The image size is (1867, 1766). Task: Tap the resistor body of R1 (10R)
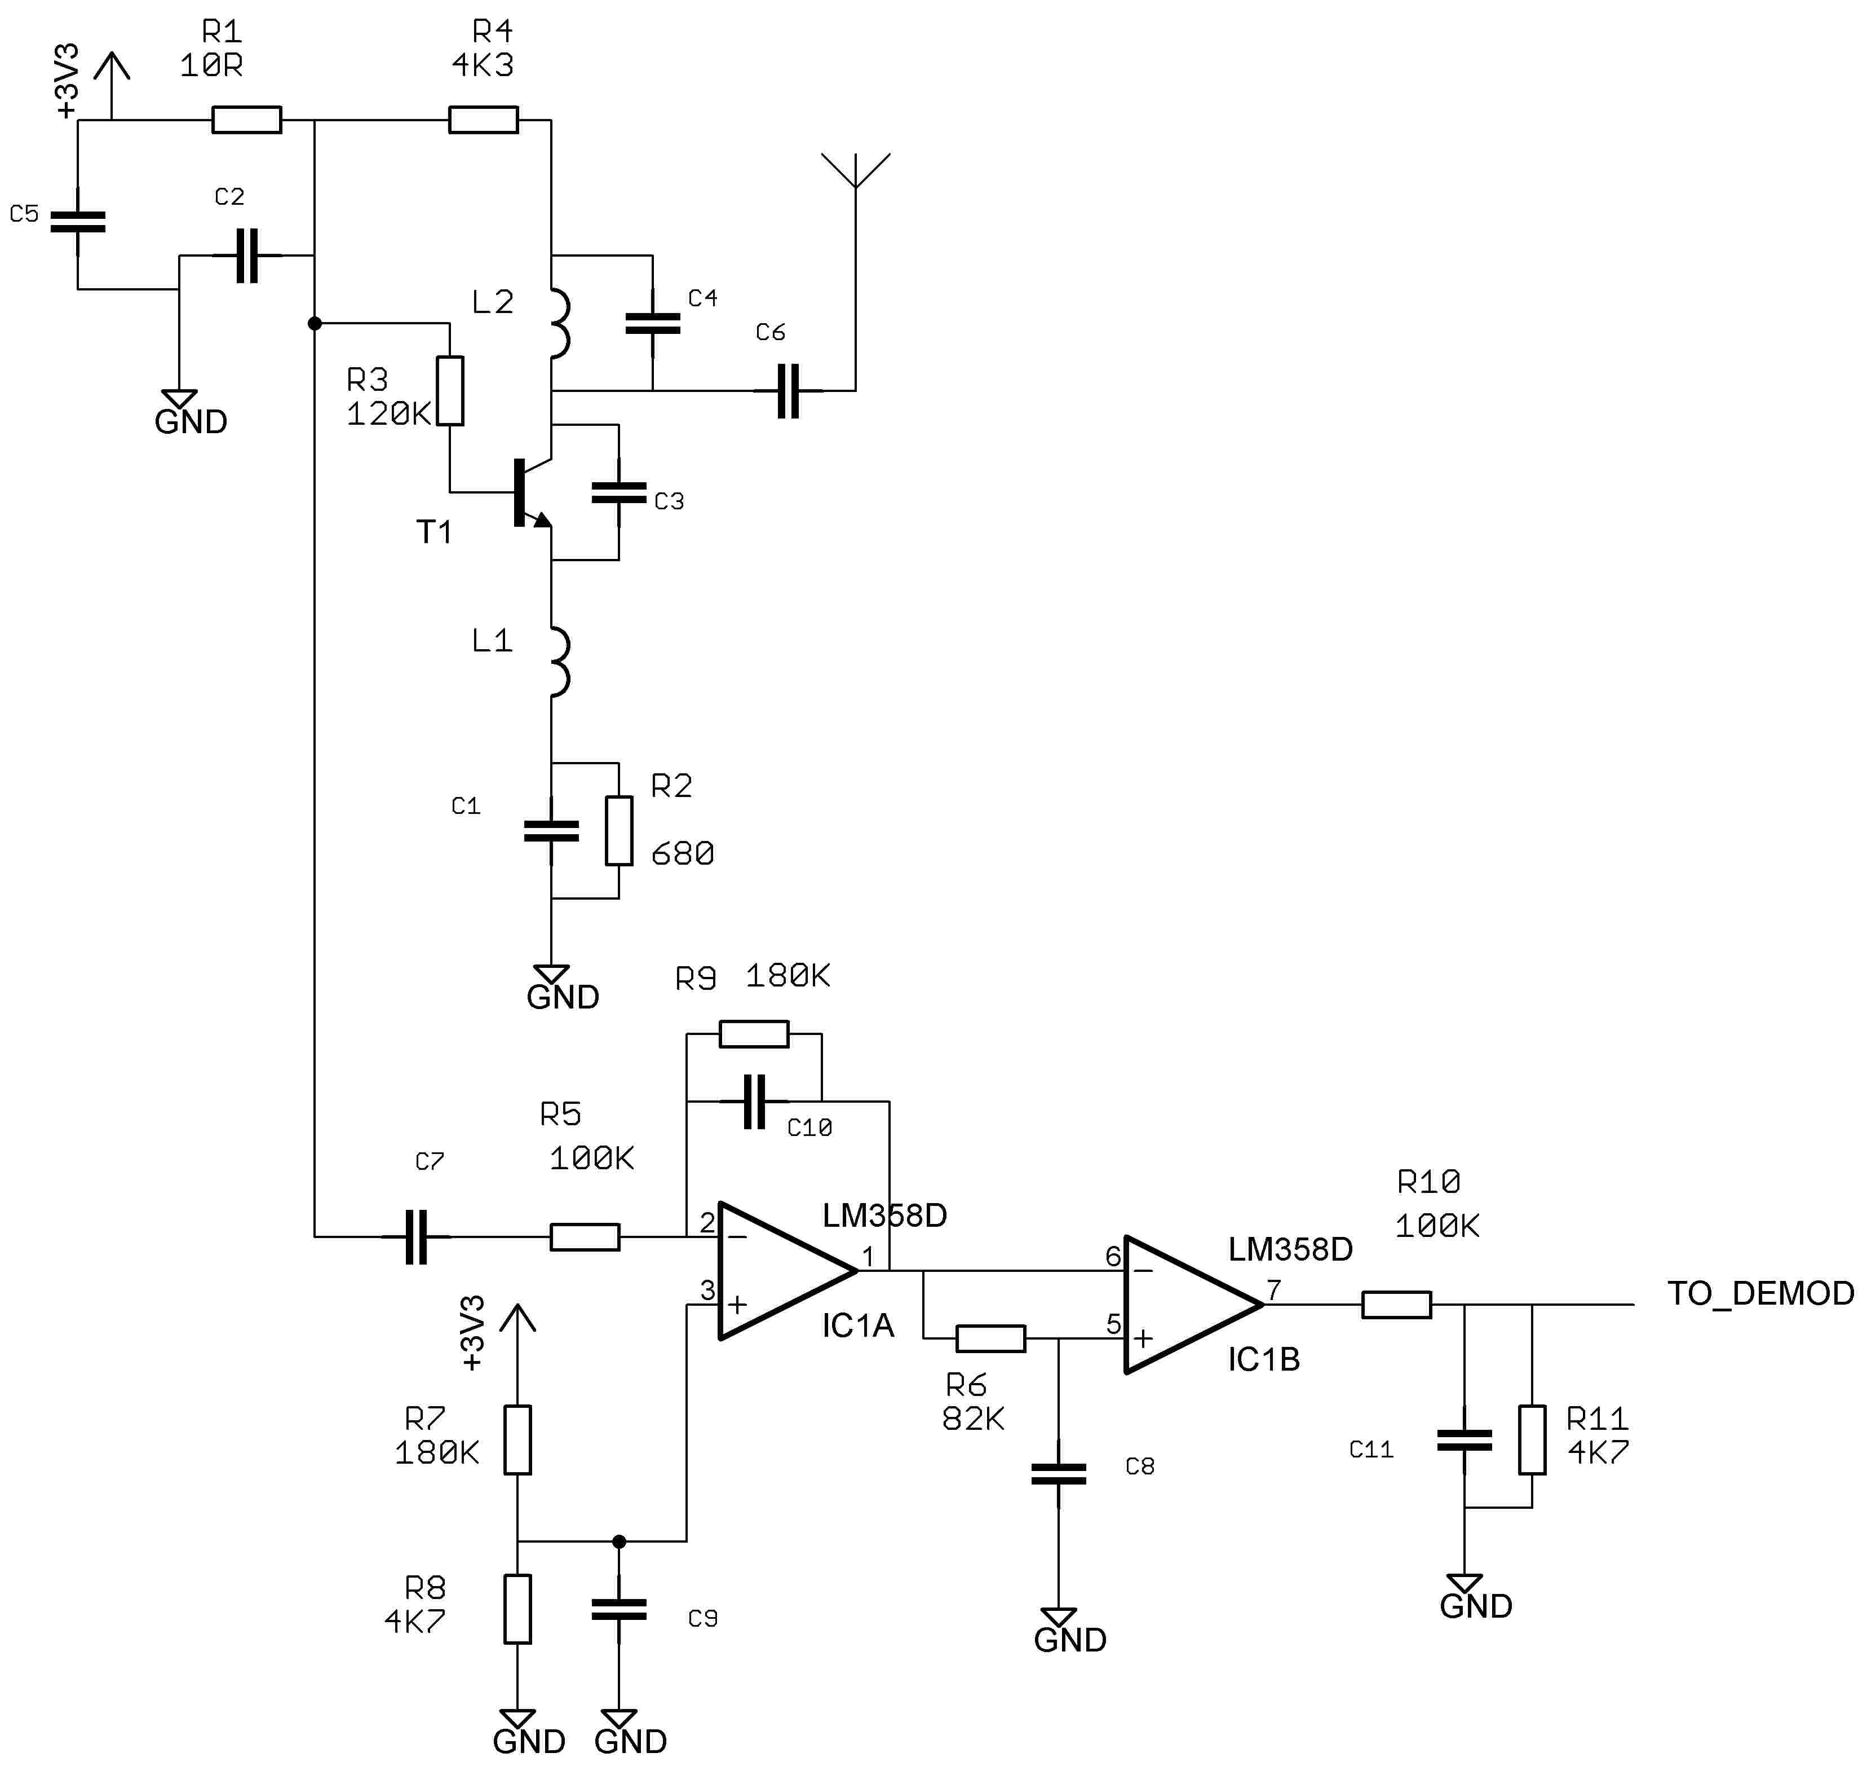point(246,120)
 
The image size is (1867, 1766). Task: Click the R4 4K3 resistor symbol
point(483,120)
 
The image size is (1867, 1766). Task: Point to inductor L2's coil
point(559,323)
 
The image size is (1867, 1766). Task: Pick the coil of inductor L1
point(559,662)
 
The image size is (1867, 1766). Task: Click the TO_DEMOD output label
point(1760,1293)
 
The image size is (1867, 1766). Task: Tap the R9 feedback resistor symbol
point(754,1034)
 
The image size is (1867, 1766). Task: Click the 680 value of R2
point(682,854)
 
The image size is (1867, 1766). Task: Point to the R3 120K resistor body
point(451,391)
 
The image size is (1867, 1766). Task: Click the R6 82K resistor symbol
point(990,1338)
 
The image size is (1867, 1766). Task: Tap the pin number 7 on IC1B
point(1273,1289)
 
